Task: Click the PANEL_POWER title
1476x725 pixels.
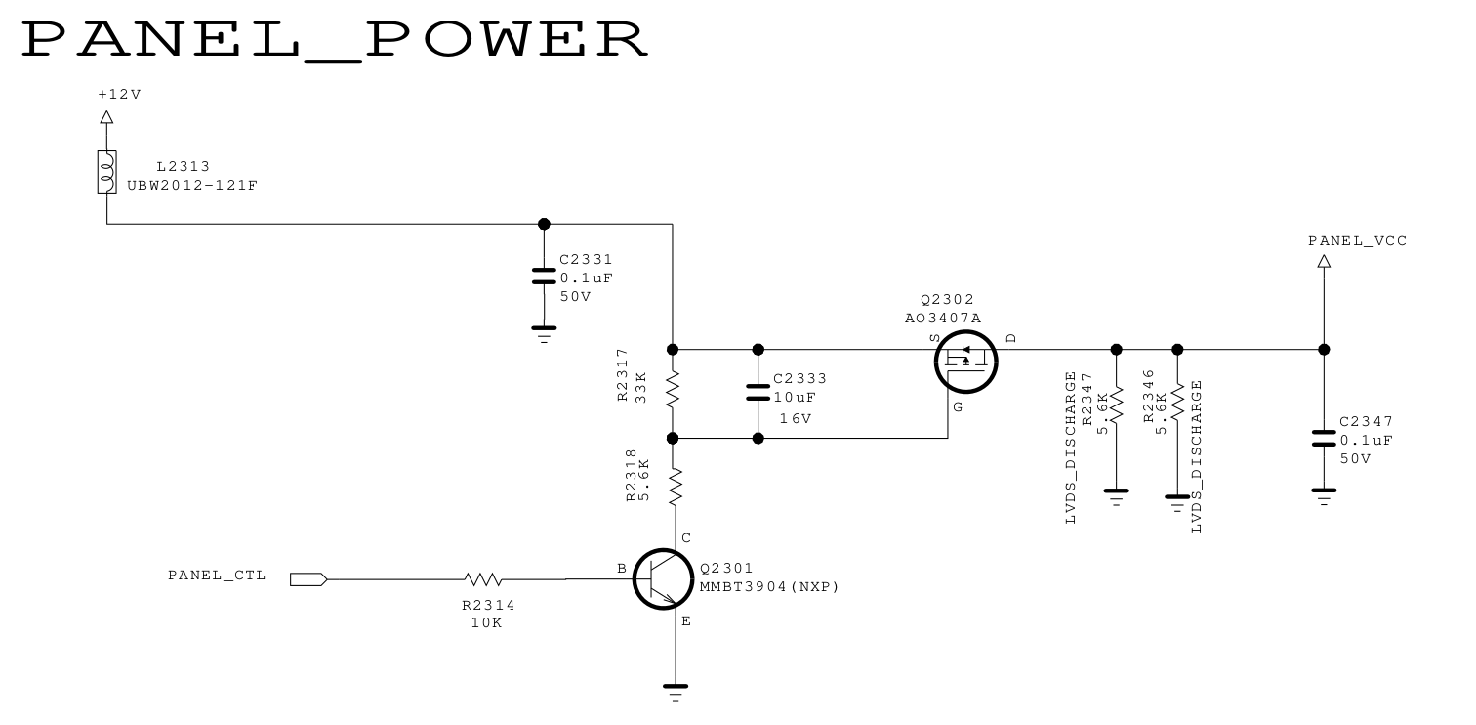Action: pyautogui.click(x=335, y=40)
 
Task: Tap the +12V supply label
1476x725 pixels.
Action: pyautogui.click(x=119, y=95)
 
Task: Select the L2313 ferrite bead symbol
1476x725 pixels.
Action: pyautogui.click(x=107, y=172)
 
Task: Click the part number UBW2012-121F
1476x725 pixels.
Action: pyautogui.click(x=192, y=185)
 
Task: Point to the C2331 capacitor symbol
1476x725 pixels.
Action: pyautogui.click(x=544, y=276)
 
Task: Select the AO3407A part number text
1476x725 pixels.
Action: pyautogui.click(x=942, y=318)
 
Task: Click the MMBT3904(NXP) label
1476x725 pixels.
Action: pyautogui.click(x=769, y=587)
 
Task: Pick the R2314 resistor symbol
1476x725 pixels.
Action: pyautogui.click(x=483, y=579)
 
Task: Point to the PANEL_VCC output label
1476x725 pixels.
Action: pyautogui.click(x=1357, y=240)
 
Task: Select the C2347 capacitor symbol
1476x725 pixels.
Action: pyautogui.click(x=1324, y=437)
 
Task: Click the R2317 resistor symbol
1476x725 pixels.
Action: pyautogui.click(x=673, y=394)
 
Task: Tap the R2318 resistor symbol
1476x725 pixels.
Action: pyautogui.click(x=673, y=486)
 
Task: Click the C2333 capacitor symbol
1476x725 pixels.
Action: pyautogui.click(x=758, y=393)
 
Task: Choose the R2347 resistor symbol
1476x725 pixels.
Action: pyautogui.click(x=1117, y=403)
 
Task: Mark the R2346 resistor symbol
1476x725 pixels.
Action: pyautogui.click(x=1177, y=402)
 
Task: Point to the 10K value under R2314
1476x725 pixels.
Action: pyautogui.click(x=485, y=622)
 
